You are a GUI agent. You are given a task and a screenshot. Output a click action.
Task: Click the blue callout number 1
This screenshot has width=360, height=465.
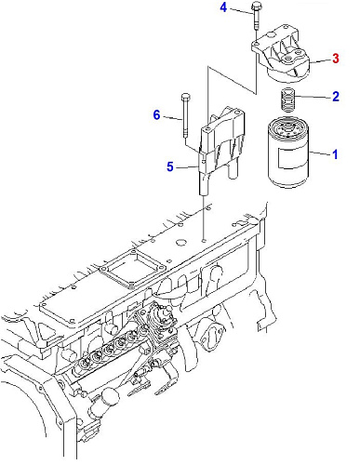pyautogui.click(x=335, y=154)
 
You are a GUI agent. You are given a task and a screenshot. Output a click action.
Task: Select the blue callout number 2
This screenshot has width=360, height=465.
pyautogui.click(x=336, y=97)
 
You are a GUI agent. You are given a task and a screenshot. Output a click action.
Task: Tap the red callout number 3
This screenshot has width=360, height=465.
pyautogui.click(x=336, y=59)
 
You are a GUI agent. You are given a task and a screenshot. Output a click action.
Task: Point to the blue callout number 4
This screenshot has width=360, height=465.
pyautogui.click(x=223, y=7)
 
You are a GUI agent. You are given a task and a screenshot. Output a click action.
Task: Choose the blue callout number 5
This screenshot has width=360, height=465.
pyautogui.click(x=170, y=166)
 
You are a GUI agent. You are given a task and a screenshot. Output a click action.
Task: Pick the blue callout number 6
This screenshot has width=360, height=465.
pyautogui.click(x=157, y=115)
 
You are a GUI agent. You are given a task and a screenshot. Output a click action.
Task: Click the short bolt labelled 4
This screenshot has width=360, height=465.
pyautogui.click(x=256, y=16)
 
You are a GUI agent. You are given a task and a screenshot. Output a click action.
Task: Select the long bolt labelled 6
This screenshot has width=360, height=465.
pyautogui.click(x=185, y=115)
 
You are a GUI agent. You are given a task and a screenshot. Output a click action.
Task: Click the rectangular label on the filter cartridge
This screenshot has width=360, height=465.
pyautogui.click(x=292, y=158)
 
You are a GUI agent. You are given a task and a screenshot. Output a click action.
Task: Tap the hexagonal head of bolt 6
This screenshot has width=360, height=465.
pyautogui.click(x=185, y=97)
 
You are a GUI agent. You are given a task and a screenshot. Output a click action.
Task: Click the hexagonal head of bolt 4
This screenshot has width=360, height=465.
pyautogui.click(x=256, y=6)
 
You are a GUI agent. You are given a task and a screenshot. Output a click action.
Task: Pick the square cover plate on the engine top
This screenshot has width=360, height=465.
pyautogui.click(x=131, y=268)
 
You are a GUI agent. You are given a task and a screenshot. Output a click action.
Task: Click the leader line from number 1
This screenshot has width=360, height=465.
pyautogui.click(x=320, y=153)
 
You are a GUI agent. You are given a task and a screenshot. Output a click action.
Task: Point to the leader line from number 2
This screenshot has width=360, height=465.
pyautogui.click(x=313, y=97)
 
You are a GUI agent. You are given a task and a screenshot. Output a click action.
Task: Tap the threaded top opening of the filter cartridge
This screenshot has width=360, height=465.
pyautogui.click(x=287, y=127)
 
